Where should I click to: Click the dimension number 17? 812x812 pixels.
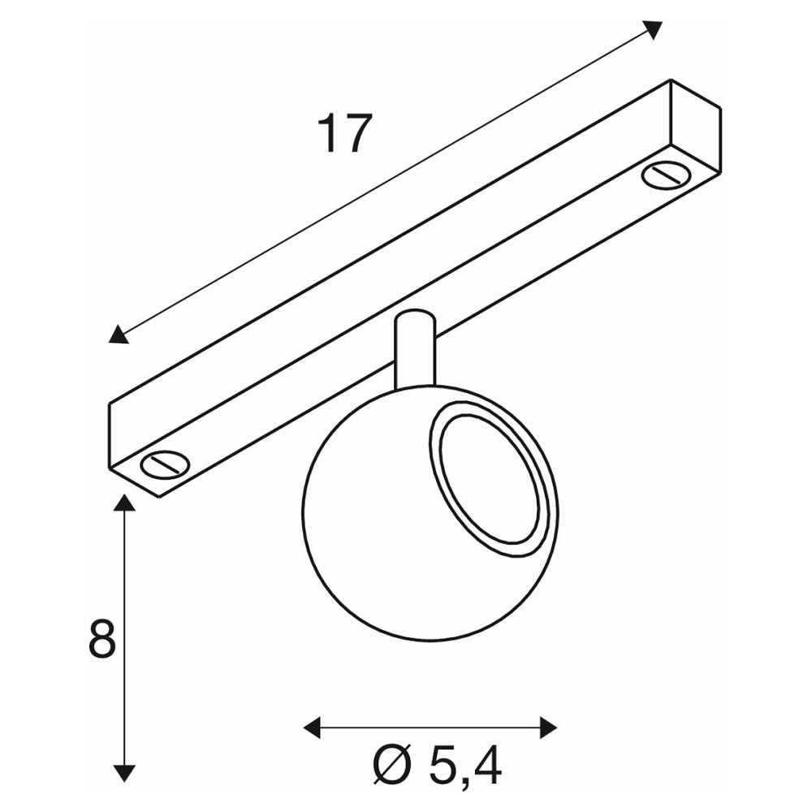tap(344, 134)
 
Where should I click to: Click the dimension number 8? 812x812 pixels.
tap(101, 639)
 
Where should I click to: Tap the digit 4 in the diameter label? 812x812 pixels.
tap(486, 767)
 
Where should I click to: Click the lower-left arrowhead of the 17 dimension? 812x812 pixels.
tap(119, 335)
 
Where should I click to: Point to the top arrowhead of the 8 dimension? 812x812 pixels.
tap(123, 503)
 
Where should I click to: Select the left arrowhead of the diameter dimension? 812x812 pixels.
tap(313, 728)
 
